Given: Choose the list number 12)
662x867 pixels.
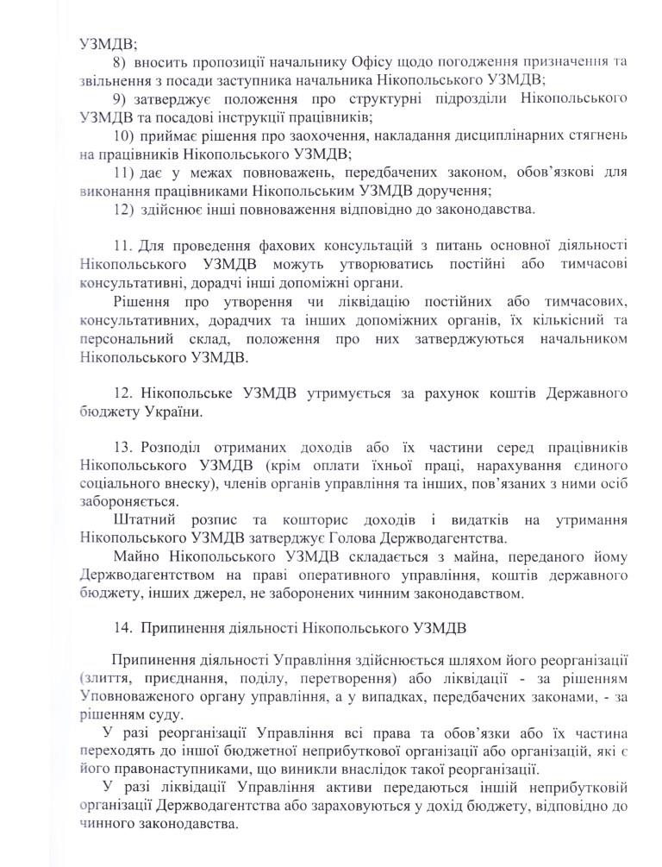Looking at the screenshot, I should tap(124, 209).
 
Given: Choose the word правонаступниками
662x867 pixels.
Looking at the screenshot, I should tap(177, 769).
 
